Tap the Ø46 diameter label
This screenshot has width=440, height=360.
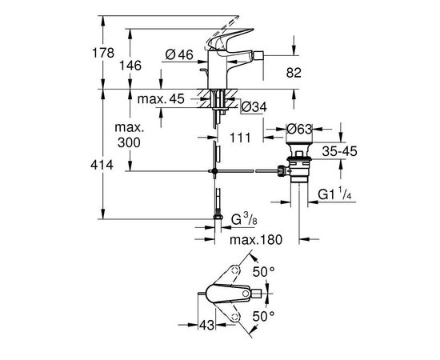coord(181,55)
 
